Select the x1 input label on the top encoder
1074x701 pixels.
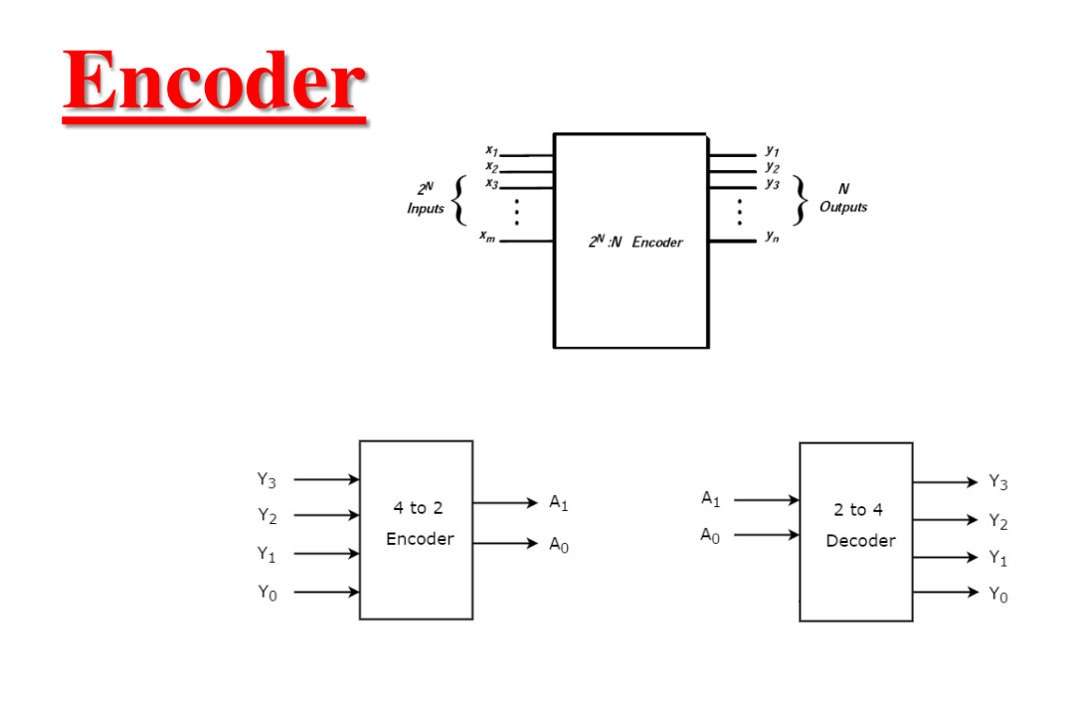491,150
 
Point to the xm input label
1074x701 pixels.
486,236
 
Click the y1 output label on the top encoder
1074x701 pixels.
773,150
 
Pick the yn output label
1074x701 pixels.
773,237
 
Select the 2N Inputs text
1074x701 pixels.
426,199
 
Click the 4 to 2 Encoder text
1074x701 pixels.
419,523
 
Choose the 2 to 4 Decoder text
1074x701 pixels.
859,525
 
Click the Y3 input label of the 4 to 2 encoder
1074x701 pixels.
267,480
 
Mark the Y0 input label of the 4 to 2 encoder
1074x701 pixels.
267,593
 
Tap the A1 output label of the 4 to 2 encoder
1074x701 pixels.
559,503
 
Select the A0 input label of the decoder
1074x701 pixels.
710,536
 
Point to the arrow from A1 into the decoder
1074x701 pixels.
766,499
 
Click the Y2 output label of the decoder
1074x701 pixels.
997,521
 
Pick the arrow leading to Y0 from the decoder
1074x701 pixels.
946,593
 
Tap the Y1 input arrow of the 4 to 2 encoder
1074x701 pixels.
326,554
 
